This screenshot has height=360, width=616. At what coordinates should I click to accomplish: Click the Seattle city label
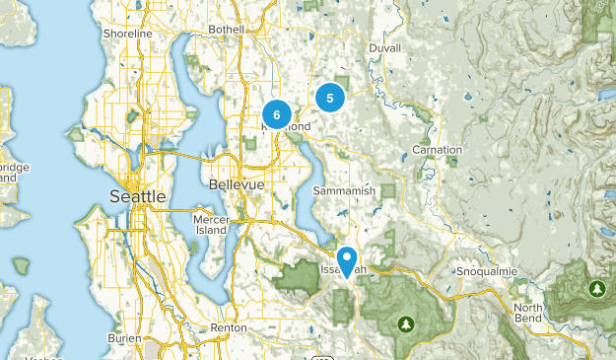click(x=137, y=196)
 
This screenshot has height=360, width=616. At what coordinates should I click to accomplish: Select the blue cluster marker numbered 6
click(x=277, y=115)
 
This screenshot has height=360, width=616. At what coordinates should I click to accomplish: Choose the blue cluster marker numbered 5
click(x=329, y=98)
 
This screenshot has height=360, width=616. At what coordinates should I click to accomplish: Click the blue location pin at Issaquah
click(x=347, y=260)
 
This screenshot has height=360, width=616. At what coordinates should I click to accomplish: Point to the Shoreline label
click(x=128, y=34)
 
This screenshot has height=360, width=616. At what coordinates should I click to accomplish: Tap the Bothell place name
click(x=226, y=30)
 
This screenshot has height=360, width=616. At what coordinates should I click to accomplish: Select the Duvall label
click(x=385, y=47)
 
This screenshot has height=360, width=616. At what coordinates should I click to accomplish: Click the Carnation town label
click(x=437, y=150)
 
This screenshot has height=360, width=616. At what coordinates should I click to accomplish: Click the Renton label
click(x=228, y=327)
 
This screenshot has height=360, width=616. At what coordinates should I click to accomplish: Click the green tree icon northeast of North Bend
click(x=595, y=288)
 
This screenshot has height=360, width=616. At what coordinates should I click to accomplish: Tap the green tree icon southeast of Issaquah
click(x=405, y=324)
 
